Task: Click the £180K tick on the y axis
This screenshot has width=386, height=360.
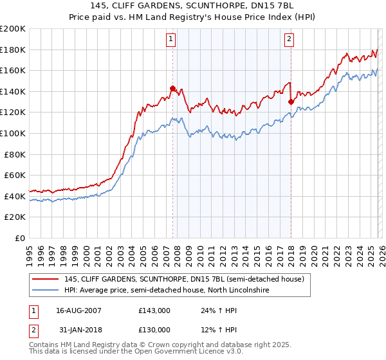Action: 13,50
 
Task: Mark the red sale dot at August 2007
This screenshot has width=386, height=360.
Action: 172,88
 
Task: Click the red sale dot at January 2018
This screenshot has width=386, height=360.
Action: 291,102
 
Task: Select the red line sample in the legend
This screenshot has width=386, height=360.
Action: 46,279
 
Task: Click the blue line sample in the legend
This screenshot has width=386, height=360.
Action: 46,291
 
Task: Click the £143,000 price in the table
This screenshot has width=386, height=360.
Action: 154,310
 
